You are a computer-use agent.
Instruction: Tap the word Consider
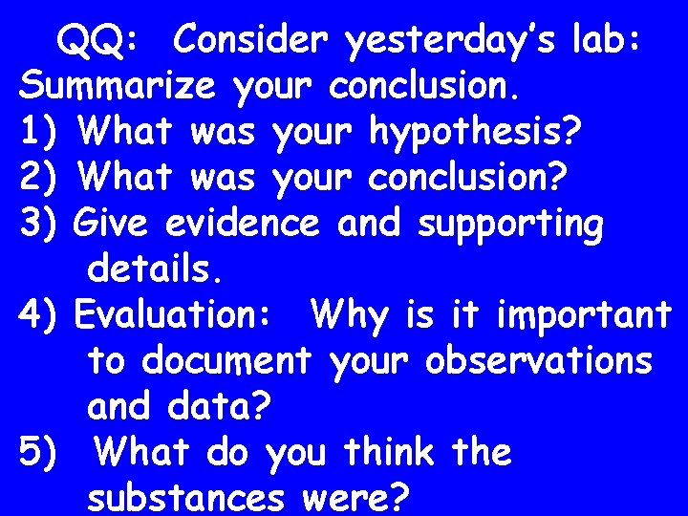(x=255, y=40)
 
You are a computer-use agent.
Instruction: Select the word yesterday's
(x=440, y=42)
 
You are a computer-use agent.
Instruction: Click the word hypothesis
(x=474, y=134)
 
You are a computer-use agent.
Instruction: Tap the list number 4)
(x=40, y=315)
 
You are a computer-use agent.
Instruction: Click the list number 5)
(x=40, y=452)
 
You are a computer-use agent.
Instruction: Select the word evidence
(x=242, y=224)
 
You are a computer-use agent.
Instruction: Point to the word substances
(x=187, y=497)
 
